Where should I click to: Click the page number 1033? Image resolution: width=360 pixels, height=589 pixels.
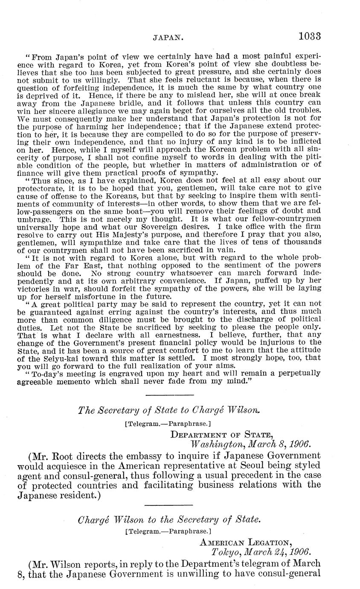pyautogui.click(x=309, y=36)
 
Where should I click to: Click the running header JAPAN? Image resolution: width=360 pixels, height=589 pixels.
pyautogui.click(x=168, y=38)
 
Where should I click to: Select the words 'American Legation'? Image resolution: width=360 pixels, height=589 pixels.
pyautogui.click(x=246, y=542)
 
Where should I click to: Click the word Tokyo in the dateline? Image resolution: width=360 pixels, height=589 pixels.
pyautogui.click(x=226, y=551)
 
